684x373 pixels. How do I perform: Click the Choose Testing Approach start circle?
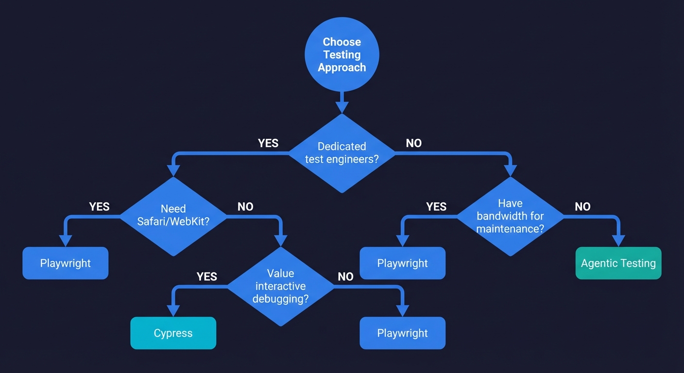point(342,55)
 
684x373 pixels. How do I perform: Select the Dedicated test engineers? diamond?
point(342,153)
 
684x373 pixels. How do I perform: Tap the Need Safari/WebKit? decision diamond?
point(173,216)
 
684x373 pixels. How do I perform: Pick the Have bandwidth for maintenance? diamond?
point(510,216)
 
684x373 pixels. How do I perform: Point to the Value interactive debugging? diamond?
point(281,286)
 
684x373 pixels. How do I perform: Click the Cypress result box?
point(173,333)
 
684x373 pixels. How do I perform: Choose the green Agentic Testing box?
point(618,263)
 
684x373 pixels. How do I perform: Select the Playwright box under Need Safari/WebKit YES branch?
point(65,263)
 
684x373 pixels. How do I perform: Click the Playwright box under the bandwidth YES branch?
point(402,263)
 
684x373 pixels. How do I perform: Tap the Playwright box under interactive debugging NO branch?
point(402,333)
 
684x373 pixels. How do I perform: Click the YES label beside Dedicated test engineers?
point(268,143)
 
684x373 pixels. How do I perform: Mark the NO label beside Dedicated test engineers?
point(414,143)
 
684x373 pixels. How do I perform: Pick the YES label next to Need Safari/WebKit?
point(100,207)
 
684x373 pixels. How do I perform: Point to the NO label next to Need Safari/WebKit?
point(245,207)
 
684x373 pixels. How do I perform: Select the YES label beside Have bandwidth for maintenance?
point(436,207)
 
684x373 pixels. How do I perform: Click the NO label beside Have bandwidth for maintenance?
point(582,207)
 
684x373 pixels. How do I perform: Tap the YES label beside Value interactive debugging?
point(207,277)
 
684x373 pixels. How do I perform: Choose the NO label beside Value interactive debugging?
point(345,277)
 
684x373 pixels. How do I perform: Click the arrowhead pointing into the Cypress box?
point(173,311)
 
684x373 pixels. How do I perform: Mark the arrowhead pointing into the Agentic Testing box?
point(618,241)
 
